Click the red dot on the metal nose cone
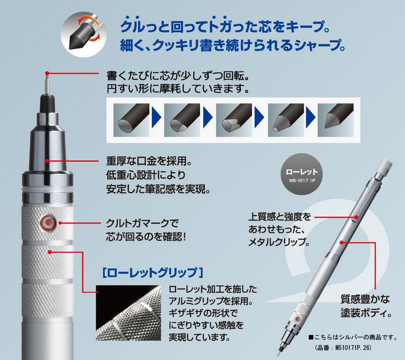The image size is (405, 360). [47, 161]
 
